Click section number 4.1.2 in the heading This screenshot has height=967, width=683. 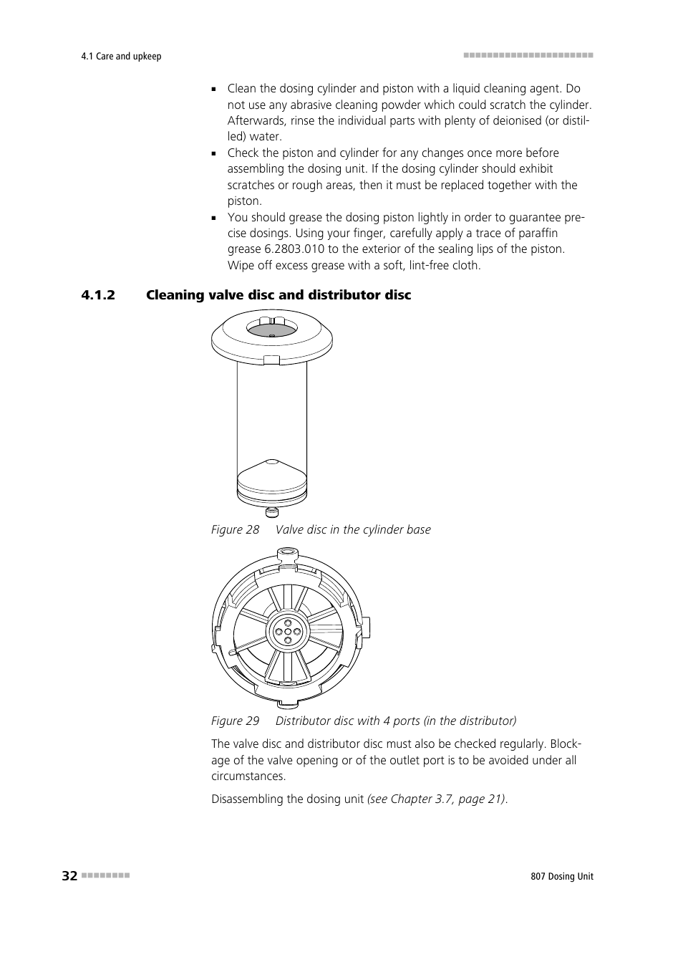(x=98, y=295)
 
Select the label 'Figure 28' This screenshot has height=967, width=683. (x=235, y=529)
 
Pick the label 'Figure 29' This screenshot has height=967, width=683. (x=235, y=721)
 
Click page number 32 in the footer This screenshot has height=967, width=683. (x=69, y=876)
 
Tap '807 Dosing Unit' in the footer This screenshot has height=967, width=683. (x=557, y=877)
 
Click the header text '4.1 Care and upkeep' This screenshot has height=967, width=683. (x=121, y=57)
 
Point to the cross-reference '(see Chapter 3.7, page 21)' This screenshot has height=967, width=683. (x=437, y=799)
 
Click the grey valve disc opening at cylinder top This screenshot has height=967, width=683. (x=272, y=329)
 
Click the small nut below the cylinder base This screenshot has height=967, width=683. (x=272, y=511)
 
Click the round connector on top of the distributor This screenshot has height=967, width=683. (x=287, y=552)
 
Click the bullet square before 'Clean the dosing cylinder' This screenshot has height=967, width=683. (x=214, y=90)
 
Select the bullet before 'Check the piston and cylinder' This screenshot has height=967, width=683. (x=214, y=153)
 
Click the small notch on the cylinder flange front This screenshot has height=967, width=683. (x=272, y=360)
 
